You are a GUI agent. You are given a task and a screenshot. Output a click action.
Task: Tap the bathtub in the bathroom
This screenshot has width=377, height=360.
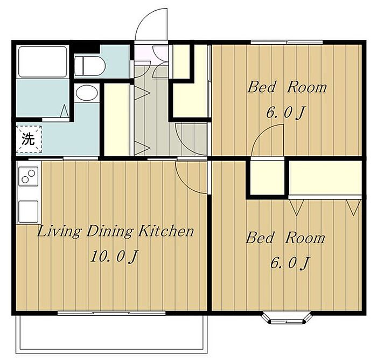[43, 61]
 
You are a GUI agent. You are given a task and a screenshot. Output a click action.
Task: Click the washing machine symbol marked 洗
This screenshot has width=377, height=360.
[29, 139]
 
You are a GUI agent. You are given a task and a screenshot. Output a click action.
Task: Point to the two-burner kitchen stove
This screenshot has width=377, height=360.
[29, 176]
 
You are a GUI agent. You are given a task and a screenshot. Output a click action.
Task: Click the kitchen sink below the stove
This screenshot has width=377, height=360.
[29, 211]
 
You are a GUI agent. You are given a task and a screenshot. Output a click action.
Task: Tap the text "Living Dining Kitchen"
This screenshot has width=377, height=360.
[116, 232]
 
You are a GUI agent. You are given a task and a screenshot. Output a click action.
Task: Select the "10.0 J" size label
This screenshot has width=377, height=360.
[114, 257]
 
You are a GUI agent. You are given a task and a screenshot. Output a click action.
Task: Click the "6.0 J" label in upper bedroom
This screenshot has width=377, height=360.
[285, 113]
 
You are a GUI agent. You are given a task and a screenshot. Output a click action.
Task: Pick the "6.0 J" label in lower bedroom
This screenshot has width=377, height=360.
[290, 263]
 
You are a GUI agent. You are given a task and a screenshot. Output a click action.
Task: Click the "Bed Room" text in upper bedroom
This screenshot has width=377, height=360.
[287, 87]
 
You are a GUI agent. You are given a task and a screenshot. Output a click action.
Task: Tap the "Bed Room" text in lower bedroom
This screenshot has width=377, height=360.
[285, 238]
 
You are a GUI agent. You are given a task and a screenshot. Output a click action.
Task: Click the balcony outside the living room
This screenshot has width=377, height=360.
[112, 333]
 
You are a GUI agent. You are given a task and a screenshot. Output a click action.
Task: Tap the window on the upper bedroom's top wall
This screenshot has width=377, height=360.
[287, 43]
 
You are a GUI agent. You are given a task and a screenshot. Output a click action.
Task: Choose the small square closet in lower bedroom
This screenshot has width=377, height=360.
[267, 177]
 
